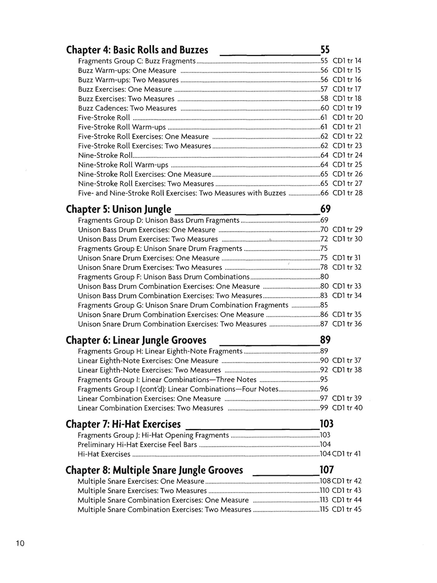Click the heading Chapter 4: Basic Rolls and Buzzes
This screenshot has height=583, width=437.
pyautogui.click(x=137, y=50)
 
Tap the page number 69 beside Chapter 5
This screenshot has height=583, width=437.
pyautogui.click(x=325, y=209)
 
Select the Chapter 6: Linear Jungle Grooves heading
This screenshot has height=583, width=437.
pyautogui.click(x=136, y=340)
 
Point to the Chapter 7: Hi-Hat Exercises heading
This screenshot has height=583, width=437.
pyautogui.click(x=123, y=424)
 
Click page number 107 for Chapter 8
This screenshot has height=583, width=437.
pyautogui.click(x=326, y=470)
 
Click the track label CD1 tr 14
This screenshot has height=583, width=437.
pyautogui.click(x=347, y=61)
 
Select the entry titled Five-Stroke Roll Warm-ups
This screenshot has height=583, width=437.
pyautogui.click(x=122, y=127)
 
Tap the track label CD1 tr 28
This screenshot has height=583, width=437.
pyautogui.click(x=347, y=193)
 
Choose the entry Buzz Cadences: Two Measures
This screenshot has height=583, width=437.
pyautogui.click(x=127, y=108)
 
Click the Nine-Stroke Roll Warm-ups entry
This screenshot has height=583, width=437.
pyautogui.click(x=123, y=165)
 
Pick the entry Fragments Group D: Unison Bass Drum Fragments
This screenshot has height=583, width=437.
pyautogui.click(x=158, y=220)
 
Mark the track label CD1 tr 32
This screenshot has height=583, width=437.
pyautogui.click(x=347, y=267)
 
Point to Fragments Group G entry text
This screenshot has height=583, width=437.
pyautogui.click(x=183, y=305)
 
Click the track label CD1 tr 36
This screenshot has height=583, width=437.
pyautogui.click(x=347, y=324)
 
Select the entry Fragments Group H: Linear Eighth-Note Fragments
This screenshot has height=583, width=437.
pyautogui.click(x=160, y=351)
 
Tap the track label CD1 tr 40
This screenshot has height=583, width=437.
pyautogui.click(x=347, y=408)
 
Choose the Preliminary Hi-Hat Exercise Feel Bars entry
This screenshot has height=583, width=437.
pyautogui.click(x=137, y=445)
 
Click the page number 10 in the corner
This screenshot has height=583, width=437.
pyautogui.click(x=20, y=543)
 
